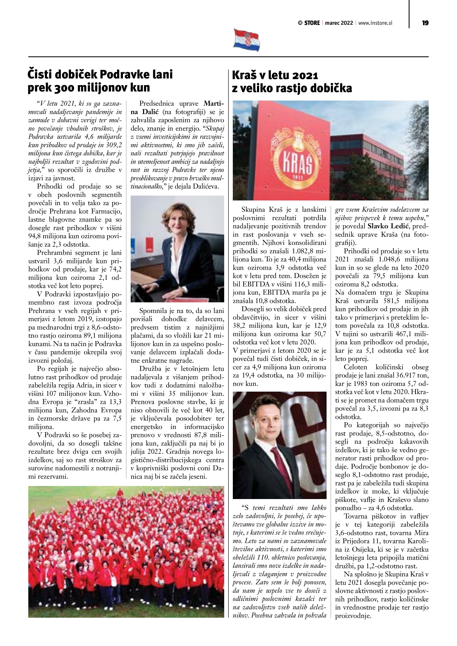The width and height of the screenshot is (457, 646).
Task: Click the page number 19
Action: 425,23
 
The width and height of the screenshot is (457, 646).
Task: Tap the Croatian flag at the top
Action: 246,40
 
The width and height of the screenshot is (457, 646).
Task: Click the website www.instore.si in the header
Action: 375,23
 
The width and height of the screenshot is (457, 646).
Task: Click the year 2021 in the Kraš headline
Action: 305,75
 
